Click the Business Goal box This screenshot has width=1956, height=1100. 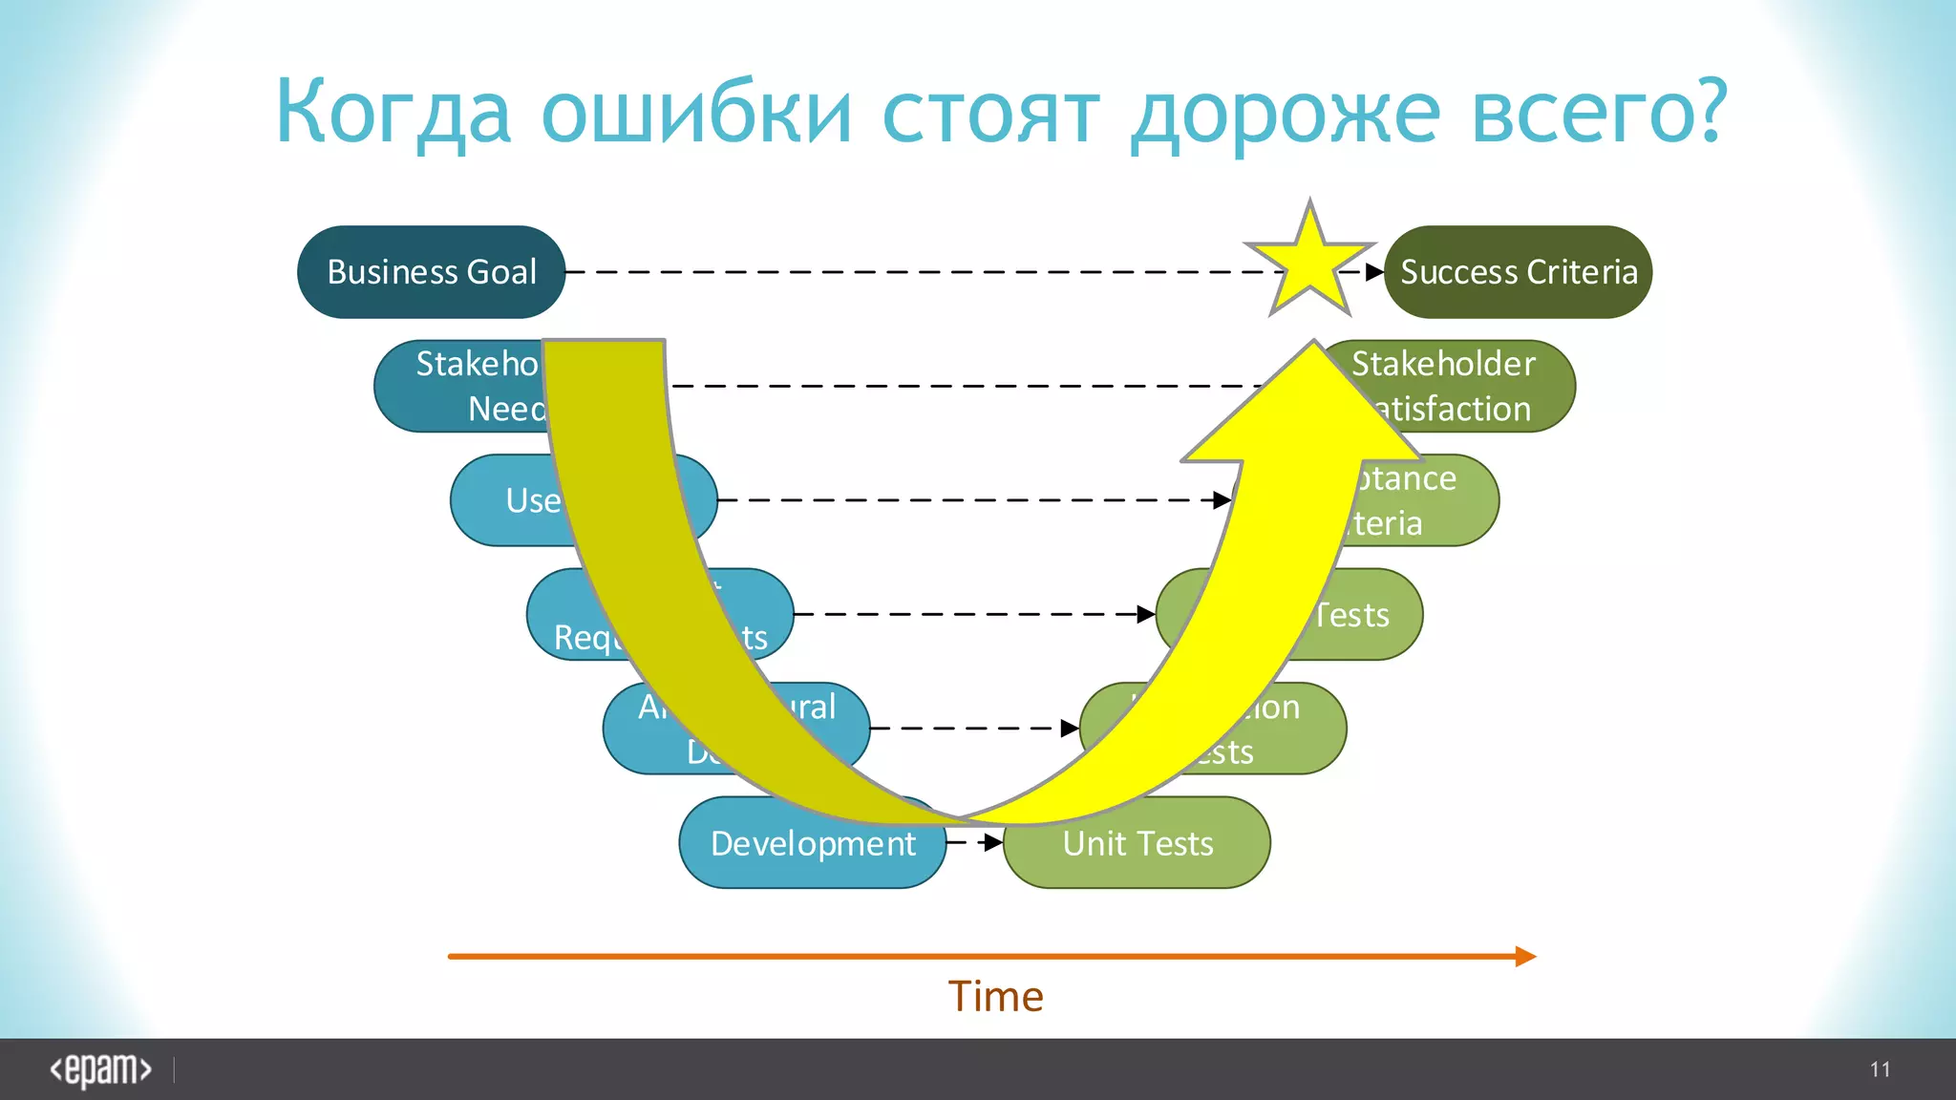pyautogui.click(x=431, y=272)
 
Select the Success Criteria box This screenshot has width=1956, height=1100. pyautogui.click(x=1519, y=272)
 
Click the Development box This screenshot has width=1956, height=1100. pyautogui.click(x=813, y=843)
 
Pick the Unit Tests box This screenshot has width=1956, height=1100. pyautogui.click(x=1137, y=843)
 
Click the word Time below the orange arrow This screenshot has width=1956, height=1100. pyautogui.click(x=995, y=997)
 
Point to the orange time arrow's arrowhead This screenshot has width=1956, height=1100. pyautogui.click(x=1525, y=956)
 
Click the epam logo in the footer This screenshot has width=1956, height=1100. pyautogui.click(x=100, y=1069)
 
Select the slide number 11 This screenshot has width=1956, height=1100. pyautogui.click(x=1880, y=1069)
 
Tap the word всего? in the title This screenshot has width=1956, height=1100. pyautogui.click(x=1600, y=113)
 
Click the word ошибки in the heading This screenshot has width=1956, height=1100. pyautogui.click(x=696, y=113)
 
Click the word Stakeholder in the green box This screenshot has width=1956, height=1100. pyautogui.click(x=1443, y=364)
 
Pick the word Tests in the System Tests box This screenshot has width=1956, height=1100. pyautogui.click(x=1351, y=615)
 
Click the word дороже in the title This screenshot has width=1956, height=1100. pyautogui.click(x=1286, y=113)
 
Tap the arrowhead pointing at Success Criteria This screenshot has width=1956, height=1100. pyautogui.click(x=1374, y=272)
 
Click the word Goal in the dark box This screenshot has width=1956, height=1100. pyautogui.click(x=501, y=272)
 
